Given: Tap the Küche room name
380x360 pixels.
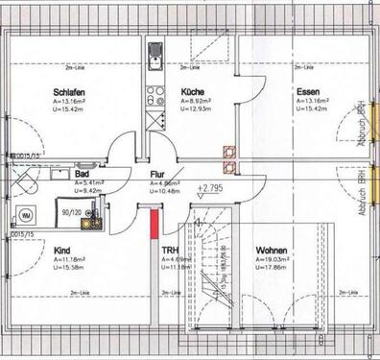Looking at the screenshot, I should [x=192, y=92].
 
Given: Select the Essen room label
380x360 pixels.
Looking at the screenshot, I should [x=306, y=92].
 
